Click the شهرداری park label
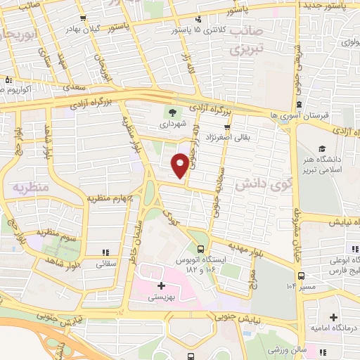(x=173, y=123)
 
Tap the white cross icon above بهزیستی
(x=162, y=285)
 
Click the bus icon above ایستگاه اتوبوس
(x=202, y=249)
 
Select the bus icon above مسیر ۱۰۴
(x=301, y=276)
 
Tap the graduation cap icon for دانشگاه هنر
(x=321, y=149)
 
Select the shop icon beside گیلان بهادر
(x=84, y=19)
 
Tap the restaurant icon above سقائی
(x=105, y=252)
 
